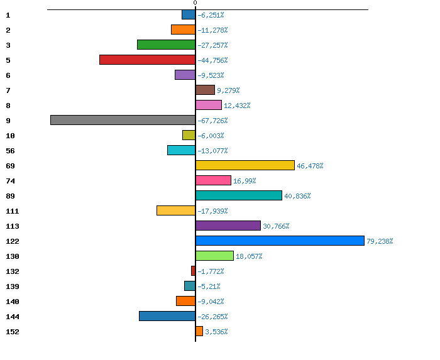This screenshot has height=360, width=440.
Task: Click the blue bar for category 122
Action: pyautogui.click(x=280, y=241)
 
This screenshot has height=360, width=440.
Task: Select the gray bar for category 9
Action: pyautogui.click(x=123, y=120)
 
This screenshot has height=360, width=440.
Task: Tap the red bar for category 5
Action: pyautogui.click(x=147, y=60)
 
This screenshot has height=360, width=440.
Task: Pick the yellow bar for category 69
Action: pyautogui.click(x=245, y=165)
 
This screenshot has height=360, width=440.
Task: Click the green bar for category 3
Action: pyautogui.click(x=166, y=45)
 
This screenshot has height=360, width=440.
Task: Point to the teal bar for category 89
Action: pyautogui.click(x=238, y=195)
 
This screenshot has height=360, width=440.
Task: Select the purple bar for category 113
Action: pyautogui.click(x=228, y=226)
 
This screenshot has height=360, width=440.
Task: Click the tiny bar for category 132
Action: pyautogui.click(x=193, y=271)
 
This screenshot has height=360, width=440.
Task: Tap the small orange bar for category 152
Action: pyautogui.click(x=199, y=331)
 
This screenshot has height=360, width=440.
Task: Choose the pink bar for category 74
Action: pyautogui.click(x=213, y=180)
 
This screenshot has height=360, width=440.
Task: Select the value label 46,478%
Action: pyautogui.click(x=310, y=166)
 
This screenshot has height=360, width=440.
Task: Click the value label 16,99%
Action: pyautogui.click(x=245, y=181)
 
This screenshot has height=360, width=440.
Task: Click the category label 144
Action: pyautogui.click(x=12, y=317)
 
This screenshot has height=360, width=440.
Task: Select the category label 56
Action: pyautogui.click(x=10, y=151)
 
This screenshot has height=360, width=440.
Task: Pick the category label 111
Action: pyautogui.click(x=12, y=211)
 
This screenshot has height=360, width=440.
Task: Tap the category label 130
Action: pyautogui.click(x=12, y=256)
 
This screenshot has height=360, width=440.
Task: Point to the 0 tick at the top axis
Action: pyautogui.click(x=195, y=3)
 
